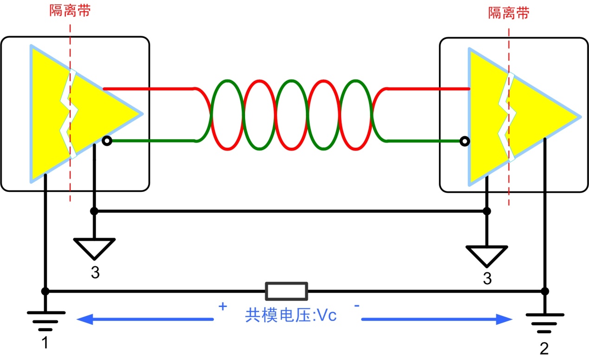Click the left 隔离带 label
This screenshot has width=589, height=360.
click(x=70, y=11)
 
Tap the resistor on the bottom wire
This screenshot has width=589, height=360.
click(x=286, y=291)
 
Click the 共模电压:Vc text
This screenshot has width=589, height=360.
click(x=291, y=316)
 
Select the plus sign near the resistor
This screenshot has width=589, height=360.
click(x=223, y=307)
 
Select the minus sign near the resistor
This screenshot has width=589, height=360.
click(x=357, y=306)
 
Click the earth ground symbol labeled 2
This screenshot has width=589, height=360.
click(x=545, y=321)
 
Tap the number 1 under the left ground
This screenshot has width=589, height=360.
click(x=45, y=343)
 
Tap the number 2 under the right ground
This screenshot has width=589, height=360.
click(x=544, y=348)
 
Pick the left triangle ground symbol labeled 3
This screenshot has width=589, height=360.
click(x=94, y=248)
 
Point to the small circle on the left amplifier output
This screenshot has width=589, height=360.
click(x=107, y=141)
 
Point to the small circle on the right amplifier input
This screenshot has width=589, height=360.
click(x=463, y=141)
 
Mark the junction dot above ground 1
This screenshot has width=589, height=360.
click(x=45, y=291)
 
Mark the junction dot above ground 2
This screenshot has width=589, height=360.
click(x=545, y=291)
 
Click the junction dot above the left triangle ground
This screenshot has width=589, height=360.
click(x=94, y=211)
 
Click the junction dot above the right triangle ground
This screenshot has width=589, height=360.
click(x=486, y=211)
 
